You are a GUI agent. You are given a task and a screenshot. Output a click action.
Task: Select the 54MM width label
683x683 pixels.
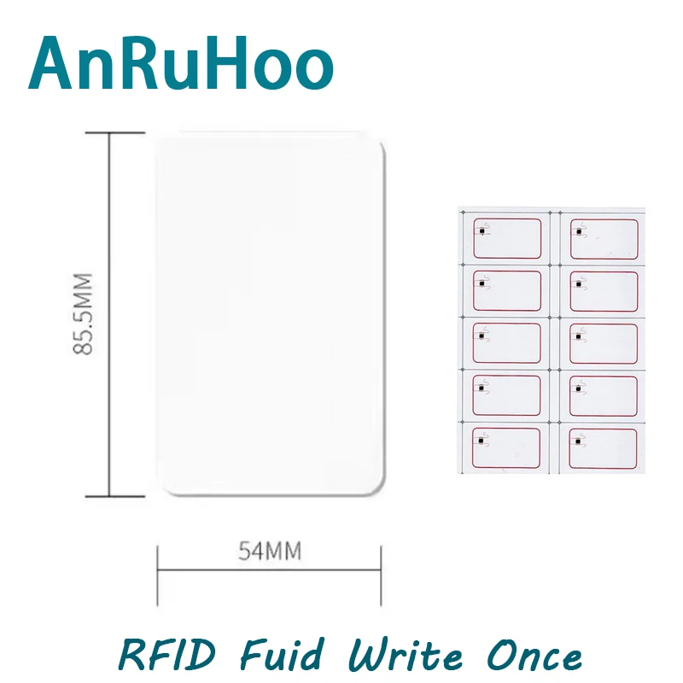point(269,551)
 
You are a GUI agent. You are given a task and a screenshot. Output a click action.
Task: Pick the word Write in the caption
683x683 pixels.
point(405,655)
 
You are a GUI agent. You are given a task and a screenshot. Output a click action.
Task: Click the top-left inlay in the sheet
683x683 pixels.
point(507,237)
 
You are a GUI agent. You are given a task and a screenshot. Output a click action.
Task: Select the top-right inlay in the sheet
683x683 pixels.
point(604,238)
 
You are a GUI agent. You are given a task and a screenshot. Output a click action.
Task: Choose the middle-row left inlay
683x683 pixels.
point(507,343)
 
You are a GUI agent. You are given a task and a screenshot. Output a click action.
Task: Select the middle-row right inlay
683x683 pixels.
point(604,343)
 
